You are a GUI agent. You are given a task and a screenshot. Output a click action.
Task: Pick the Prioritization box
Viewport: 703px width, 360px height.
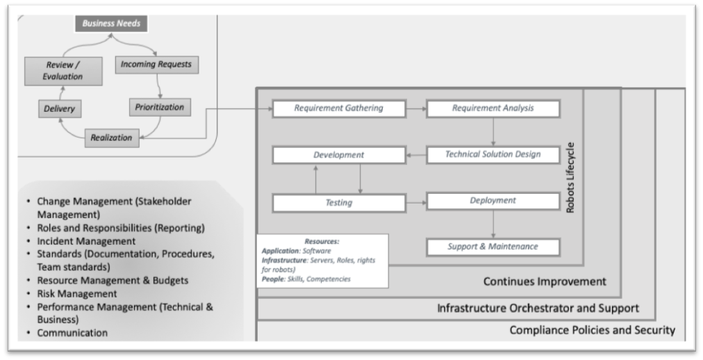point(160,108)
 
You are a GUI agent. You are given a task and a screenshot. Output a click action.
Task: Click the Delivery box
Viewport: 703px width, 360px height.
point(59,109)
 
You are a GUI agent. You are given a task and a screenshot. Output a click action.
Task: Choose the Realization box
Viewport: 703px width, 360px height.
point(111,138)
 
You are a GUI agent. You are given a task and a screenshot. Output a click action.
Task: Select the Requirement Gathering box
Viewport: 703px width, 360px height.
point(338,108)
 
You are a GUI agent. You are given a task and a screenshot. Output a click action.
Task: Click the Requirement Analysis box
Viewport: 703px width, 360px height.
point(493,108)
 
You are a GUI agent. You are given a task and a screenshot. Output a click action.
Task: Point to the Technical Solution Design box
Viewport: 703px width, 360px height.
point(493,154)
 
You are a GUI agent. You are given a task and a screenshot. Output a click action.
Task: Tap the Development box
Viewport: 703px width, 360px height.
point(338,154)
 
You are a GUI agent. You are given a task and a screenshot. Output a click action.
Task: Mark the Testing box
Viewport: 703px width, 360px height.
point(338,203)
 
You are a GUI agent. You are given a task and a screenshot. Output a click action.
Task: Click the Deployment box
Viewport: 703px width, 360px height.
point(493,201)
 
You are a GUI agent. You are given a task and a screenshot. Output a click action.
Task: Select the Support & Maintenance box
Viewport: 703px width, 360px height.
point(493,246)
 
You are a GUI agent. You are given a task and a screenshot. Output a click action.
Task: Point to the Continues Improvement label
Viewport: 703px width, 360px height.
point(544,281)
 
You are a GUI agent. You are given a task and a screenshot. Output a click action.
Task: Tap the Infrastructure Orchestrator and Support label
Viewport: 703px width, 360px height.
point(538,307)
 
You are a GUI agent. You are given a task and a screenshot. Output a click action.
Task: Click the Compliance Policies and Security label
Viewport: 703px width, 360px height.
point(592,330)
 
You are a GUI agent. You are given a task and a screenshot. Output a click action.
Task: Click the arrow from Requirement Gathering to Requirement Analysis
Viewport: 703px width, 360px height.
point(415,109)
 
